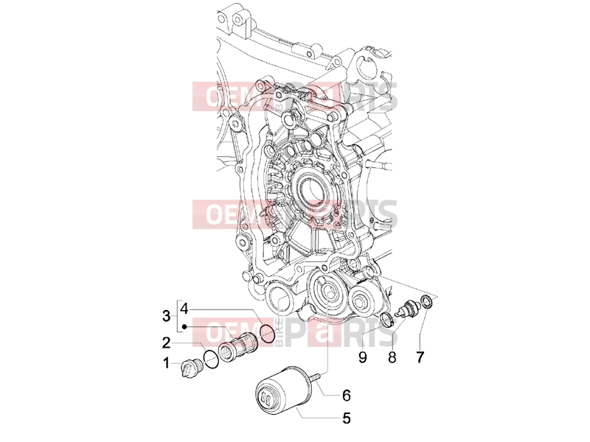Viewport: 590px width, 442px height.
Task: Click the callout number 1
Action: point(166,363)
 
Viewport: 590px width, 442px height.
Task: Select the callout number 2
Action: point(167,343)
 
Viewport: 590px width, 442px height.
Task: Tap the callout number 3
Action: point(166,316)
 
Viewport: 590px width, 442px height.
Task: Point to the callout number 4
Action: point(184,309)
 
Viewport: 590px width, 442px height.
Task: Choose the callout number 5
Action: point(346,418)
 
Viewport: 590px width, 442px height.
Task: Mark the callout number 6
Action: point(347,396)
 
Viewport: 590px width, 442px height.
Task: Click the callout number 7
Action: point(420,357)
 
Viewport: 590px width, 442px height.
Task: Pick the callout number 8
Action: point(392,357)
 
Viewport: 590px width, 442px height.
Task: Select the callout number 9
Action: point(362,357)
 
